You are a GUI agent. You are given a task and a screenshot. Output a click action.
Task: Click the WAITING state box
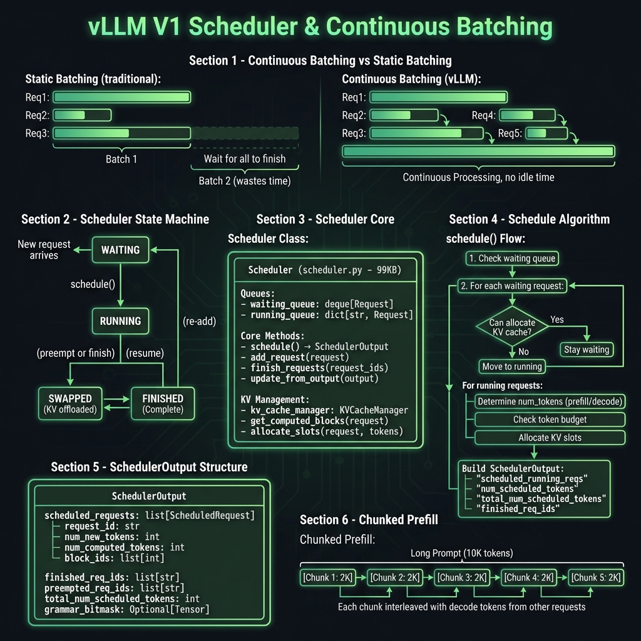[120, 250]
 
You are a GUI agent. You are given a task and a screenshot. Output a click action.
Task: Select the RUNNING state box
[120, 321]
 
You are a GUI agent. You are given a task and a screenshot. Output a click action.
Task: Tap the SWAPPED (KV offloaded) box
[69, 404]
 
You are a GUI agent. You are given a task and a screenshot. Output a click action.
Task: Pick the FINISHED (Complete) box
[162, 404]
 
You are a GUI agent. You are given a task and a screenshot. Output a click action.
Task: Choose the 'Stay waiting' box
[586, 349]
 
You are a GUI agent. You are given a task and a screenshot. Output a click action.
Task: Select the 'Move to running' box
[512, 366]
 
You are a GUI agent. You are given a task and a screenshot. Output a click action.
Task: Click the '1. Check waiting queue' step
[511, 258]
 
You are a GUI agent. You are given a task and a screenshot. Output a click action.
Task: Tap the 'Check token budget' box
[550, 419]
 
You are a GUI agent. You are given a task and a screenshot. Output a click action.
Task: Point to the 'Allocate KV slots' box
[550, 438]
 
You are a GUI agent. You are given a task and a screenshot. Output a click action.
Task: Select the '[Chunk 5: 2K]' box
[596, 577]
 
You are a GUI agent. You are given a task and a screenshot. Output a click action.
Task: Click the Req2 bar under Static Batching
[82, 115]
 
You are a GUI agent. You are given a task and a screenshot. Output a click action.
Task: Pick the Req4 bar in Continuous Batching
[527, 115]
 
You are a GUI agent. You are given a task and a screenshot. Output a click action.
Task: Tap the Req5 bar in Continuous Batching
[546, 133]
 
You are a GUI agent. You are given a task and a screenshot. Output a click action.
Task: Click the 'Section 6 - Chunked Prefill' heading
[369, 520]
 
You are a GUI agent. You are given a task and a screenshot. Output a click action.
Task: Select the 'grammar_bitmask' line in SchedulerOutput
[126, 609]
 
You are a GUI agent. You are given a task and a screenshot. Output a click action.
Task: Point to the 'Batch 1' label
[121, 159]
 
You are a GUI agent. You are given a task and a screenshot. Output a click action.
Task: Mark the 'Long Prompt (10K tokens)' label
[461, 553]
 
